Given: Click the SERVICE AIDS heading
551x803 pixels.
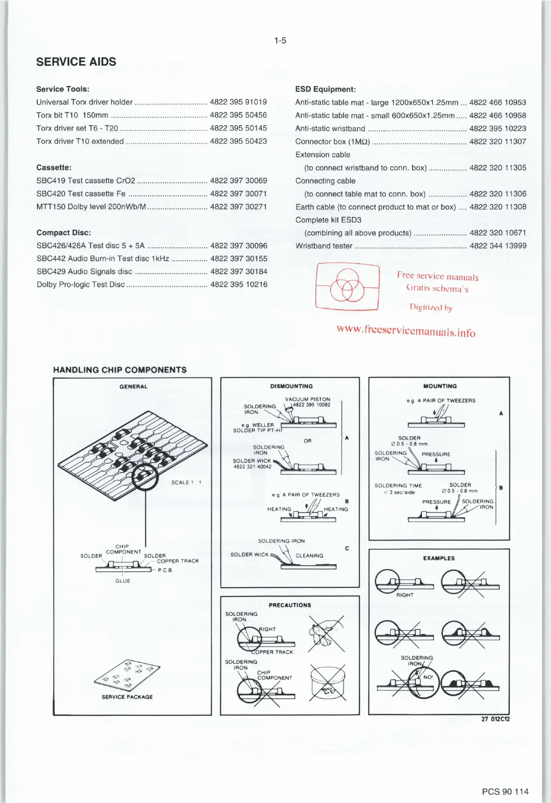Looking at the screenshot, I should [x=76, y=62].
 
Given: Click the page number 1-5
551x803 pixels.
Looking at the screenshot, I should [x=280, y=40].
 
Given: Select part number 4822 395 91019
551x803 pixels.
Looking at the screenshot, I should [x=238, y=102].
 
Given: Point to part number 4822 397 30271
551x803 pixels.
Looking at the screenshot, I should [x=238, y=207].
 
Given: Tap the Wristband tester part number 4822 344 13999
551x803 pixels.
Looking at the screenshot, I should [x=498, y=246].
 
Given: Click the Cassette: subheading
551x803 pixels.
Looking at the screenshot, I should [x=54, y=168].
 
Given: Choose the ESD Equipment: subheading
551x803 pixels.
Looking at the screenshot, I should [x=325, y=89].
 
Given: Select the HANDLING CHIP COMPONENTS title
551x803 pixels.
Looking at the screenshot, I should [x=120, y=370].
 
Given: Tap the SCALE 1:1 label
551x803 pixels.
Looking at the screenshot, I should [x=186, y=482].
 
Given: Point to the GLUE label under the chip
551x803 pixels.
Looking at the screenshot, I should [x=123, y=581].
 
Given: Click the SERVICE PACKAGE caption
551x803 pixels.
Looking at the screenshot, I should [x=127, y=697].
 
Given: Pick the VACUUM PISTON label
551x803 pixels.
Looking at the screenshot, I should [x=308, y=399].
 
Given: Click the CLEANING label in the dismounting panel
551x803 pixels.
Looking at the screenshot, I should [x=309, y=556].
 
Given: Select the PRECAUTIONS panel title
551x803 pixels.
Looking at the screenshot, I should [x=290, y=605].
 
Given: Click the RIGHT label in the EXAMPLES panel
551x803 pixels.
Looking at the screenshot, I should [x=405, y=595].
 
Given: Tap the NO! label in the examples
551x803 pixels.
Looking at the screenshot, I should [x=428, y=677].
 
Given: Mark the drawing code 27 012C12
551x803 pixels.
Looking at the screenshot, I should [x=495, y=719].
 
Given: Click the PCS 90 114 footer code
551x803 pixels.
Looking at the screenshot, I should [x=505, y=791].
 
